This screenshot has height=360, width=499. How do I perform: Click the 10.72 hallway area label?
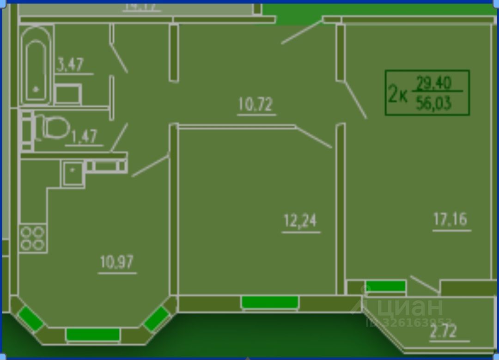tap(256, 105)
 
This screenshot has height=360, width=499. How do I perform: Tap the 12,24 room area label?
tap(300, 221)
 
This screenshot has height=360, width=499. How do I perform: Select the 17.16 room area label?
tap(450, 219)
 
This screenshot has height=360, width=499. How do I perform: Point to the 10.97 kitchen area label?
tap(116, 262)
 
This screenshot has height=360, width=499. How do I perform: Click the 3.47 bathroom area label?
tap(70, 65)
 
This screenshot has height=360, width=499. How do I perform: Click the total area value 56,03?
tap(433, 103)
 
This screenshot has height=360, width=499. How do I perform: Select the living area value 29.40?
tap(433, 84)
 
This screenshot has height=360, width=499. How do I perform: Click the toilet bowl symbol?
tap(52, 127)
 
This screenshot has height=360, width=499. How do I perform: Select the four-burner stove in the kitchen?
tap(32, 238)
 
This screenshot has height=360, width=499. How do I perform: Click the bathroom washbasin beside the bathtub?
tap(68, 95)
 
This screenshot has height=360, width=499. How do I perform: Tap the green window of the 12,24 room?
tap(270, 302)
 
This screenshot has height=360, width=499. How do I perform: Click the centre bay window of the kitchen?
tap(93, 334)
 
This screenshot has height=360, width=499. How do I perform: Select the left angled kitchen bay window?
tap(30, 318)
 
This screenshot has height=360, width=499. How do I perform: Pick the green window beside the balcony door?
tap(385, 286)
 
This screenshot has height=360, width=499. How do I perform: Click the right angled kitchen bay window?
tap(156, 318)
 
